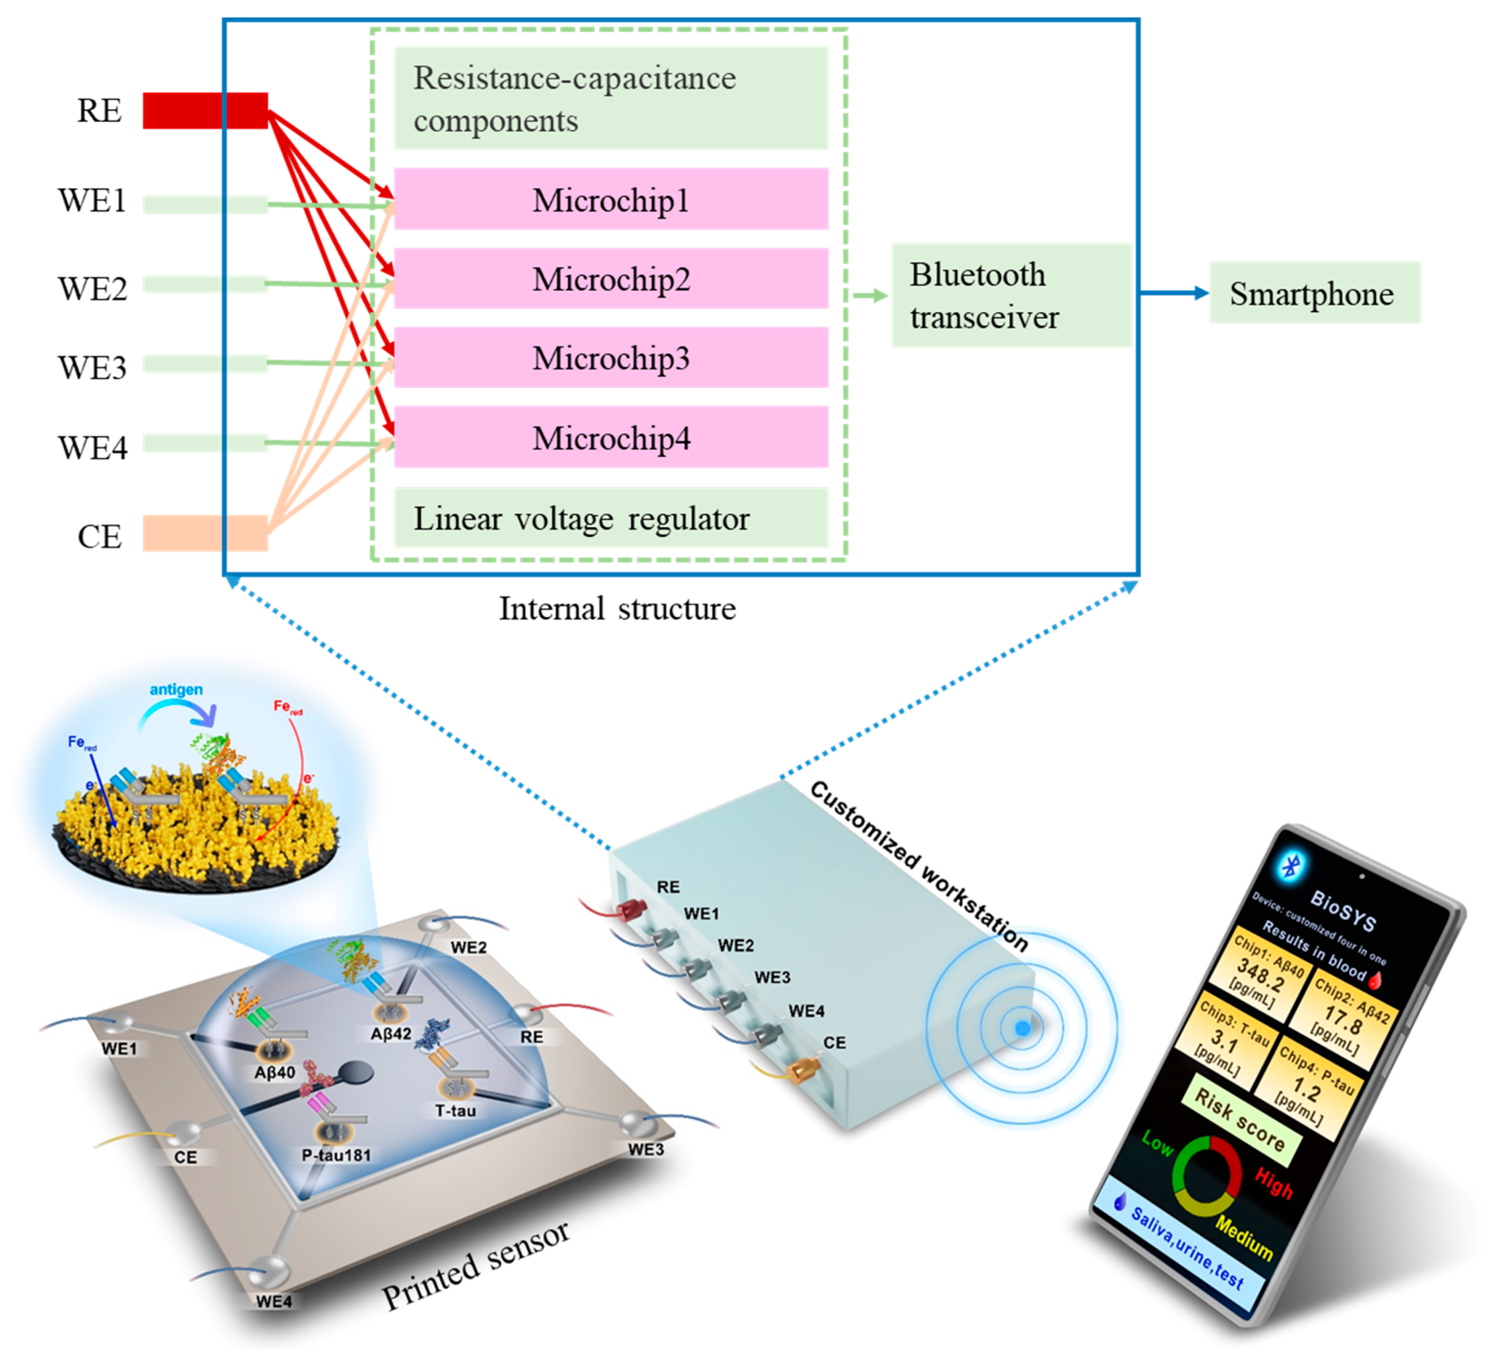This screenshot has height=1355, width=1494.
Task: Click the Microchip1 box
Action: [x=611, y=200]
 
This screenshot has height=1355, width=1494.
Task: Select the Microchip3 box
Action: [x=611, y=358]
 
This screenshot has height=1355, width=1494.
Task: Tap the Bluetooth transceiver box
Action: [x=1011, y=295]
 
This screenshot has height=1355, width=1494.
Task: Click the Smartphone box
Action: [x=1314, y=293]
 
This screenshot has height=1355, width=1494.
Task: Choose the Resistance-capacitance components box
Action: [x=611, y=99]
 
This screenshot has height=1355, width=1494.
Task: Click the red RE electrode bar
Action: [x=205, y=110]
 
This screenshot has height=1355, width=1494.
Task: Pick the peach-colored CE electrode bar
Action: [x=205, y=533]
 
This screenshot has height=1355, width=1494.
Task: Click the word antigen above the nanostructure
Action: [x=176, y=689]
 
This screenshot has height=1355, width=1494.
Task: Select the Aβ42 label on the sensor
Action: [x=390, y=1033]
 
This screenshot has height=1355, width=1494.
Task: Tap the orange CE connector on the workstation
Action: [x=801, y=1070]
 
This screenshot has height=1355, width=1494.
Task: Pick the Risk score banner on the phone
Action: [x=1240, y=1120]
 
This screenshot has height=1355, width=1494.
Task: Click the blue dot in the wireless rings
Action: [x=1022, y=1028]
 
